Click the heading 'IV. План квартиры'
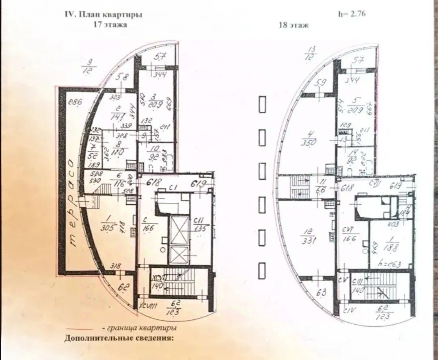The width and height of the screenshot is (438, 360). point(104,15)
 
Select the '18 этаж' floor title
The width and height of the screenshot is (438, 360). point(294,25)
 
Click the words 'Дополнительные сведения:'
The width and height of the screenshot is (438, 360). point(119,338)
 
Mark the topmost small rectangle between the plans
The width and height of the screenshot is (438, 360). point(262,104)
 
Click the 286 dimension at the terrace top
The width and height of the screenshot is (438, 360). point(76,102)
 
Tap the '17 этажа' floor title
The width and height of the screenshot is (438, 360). point(110,25)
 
